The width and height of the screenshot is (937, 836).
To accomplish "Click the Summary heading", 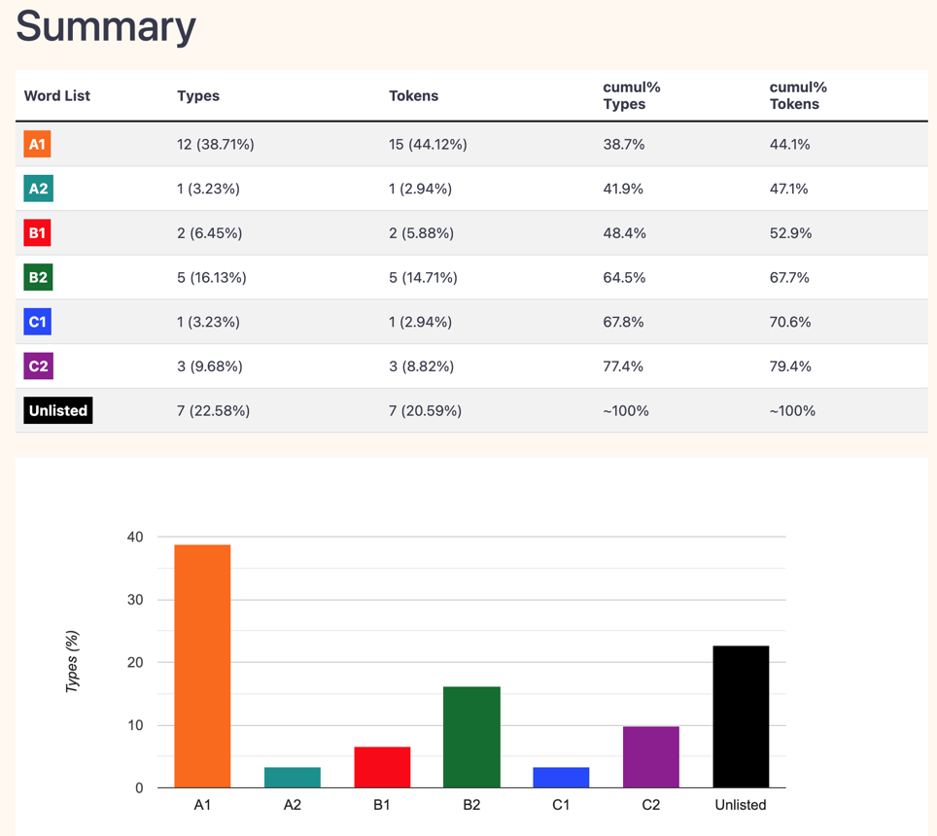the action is (x=106, y=27).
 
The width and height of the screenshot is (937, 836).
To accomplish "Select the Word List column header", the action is (x=56, y=95).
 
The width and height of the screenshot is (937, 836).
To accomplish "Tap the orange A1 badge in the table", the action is (x=37, y=144).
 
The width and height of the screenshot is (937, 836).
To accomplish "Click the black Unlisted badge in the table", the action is (x=58, y=410).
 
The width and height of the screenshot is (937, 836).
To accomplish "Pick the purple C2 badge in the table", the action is (x=38, y=366).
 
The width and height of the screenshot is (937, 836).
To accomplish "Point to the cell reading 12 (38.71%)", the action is (x=215, y=145).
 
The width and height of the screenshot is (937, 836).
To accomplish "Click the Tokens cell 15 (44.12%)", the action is (x=428, y=145).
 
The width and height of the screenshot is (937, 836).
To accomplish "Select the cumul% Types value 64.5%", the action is (x=624, y=277).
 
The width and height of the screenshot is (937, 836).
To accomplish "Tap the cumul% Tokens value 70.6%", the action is (x=790, y=322).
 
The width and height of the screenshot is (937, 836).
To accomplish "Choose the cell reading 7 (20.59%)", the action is (x=425, y=411).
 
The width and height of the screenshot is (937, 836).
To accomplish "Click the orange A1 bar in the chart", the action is (x=202, y=666).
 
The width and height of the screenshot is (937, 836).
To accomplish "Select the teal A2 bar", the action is (x=293, y=778).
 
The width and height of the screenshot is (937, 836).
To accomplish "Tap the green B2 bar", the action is (x=471, y=738).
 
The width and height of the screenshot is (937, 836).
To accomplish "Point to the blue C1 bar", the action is (x=561, y=778).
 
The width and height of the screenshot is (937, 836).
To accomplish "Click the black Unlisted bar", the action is (x=741, y=717).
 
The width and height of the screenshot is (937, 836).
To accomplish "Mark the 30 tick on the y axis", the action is (x=135, y=600).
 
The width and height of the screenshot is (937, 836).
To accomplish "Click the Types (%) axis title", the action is (x=72, y=662).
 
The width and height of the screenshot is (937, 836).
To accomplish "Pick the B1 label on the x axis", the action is (x=382, y=805).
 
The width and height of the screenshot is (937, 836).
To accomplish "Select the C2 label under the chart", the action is (x=651, y=805).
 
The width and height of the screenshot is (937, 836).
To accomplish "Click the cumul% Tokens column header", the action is (x=798, y=95).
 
